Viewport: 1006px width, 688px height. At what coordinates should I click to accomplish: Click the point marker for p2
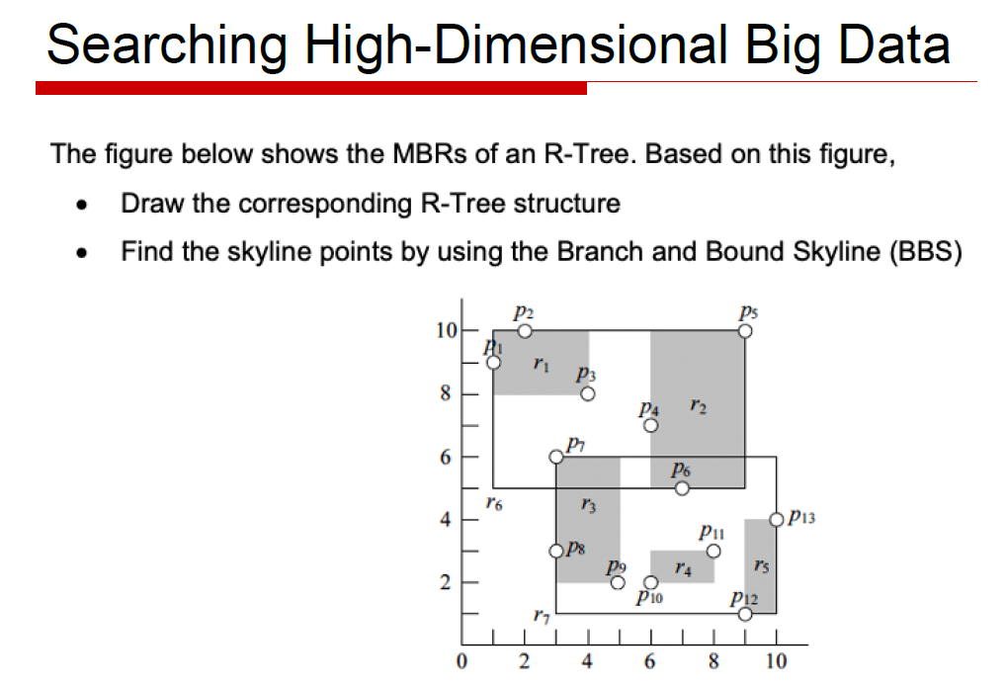525,331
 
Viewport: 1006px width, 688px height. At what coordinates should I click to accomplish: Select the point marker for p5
745,331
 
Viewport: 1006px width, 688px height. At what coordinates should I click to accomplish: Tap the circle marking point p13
777,519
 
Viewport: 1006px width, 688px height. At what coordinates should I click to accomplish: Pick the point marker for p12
745,614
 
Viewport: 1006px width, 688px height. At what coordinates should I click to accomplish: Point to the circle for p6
682,487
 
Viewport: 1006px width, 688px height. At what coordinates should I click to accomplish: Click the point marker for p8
556,551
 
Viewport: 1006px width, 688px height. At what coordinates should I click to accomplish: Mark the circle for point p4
650,425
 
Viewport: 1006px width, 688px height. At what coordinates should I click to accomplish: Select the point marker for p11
713,551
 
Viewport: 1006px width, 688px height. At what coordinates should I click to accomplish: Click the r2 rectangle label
698,405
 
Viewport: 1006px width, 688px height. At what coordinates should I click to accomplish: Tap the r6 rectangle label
494,504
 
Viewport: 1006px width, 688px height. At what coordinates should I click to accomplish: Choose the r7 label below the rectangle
540,617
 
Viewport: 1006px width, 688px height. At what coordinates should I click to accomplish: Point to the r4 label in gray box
682,568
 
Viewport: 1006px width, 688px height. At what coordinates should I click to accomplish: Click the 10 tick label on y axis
447,330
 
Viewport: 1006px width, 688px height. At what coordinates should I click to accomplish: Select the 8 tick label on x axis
713,660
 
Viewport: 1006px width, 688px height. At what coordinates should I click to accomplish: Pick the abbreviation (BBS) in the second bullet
925,251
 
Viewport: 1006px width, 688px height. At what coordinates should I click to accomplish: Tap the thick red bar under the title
310,88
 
